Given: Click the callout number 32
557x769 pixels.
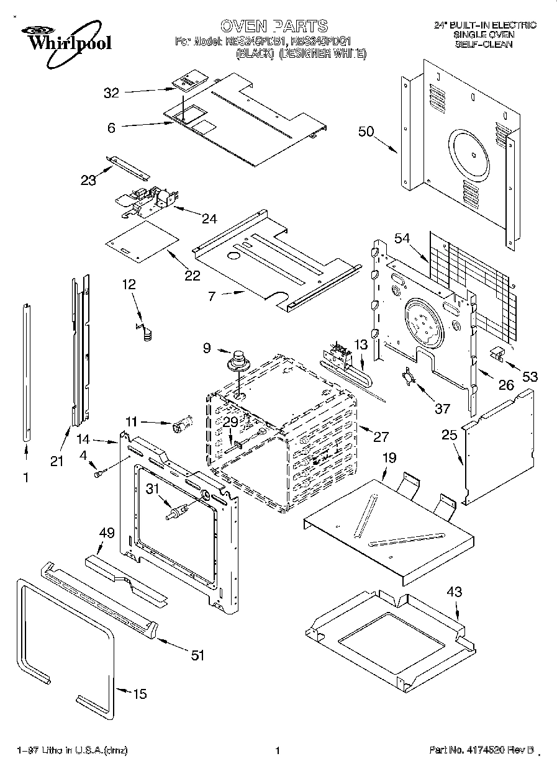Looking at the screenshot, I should (111, 93).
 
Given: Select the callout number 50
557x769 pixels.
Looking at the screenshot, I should (366, 131).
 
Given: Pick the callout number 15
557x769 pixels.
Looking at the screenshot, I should (140, 694).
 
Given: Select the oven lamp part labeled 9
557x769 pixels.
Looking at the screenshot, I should (237, 360).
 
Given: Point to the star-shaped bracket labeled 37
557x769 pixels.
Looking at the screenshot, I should (407, 377).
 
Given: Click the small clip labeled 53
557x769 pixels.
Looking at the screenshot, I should (497, 353).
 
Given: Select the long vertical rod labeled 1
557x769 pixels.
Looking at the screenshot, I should (27, 372).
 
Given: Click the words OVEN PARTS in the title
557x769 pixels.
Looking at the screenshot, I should (273, 25).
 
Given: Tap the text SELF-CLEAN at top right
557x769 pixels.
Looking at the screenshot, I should (484, 45).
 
